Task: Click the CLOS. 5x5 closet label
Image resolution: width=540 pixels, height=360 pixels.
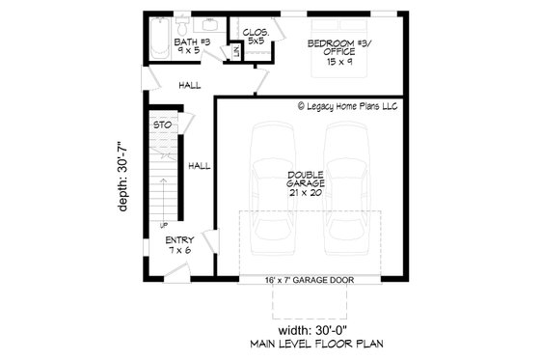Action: click(256, 38)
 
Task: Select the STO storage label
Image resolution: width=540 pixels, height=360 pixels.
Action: click(162, 125)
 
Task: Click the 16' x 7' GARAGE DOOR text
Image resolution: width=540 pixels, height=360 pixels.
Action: click(310, 281)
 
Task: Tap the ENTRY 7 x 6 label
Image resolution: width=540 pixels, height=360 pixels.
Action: click(179, 245)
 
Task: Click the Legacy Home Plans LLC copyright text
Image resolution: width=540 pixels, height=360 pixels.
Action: click(347, 107)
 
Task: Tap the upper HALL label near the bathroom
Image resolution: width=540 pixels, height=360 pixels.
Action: click(189, 85)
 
